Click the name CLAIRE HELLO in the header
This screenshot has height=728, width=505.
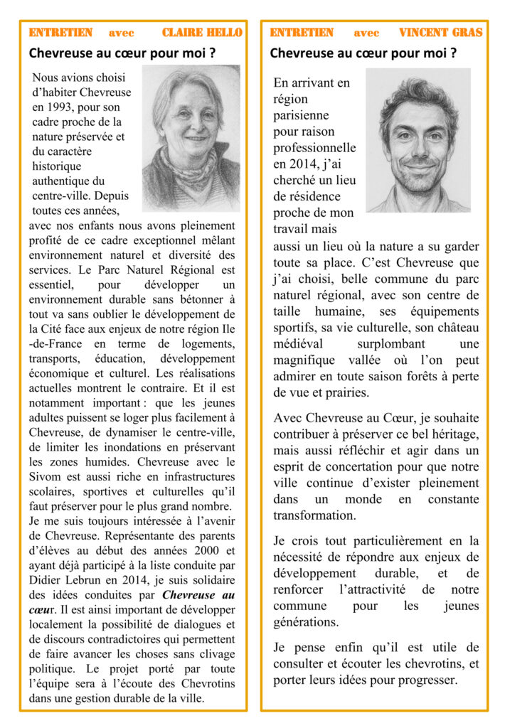(x=202, y=33)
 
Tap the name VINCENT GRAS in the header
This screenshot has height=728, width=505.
(x=440, y=33)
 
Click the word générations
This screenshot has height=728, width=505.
(x=306, y=622)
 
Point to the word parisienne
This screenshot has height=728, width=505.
(x=304, y=115)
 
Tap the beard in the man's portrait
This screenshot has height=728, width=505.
(x=420, y=181)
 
